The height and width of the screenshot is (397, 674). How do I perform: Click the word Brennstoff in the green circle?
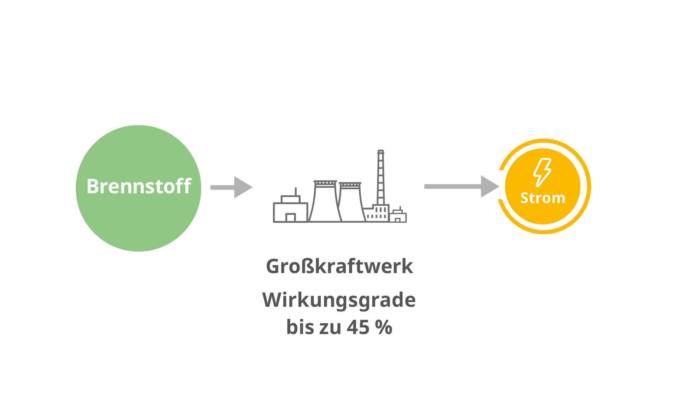click(x=139, y=186)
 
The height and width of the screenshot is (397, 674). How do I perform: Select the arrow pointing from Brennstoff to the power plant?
click(x=231, y=187)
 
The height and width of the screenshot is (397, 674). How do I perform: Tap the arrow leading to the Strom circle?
click(x=462, y=186)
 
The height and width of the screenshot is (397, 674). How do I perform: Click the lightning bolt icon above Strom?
click(x=542, y=172)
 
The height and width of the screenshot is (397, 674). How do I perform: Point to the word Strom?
click(x=543, y=198)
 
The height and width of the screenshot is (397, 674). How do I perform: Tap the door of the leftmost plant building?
click(x=290, y=217)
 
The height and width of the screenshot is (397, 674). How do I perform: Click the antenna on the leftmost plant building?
click(x=296, y=191)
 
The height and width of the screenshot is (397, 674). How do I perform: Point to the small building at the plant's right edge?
click(x=398, y=215)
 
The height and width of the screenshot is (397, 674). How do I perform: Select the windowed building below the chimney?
click(x=377, y=213)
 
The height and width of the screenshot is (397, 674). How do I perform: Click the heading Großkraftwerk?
click(x=339, y=266)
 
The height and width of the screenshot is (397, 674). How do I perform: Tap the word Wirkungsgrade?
click(x=339, y=301)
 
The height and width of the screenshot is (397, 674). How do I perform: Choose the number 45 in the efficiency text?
click(x=358, y=327)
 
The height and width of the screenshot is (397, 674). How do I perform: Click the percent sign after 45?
click(x=384, y=327)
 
